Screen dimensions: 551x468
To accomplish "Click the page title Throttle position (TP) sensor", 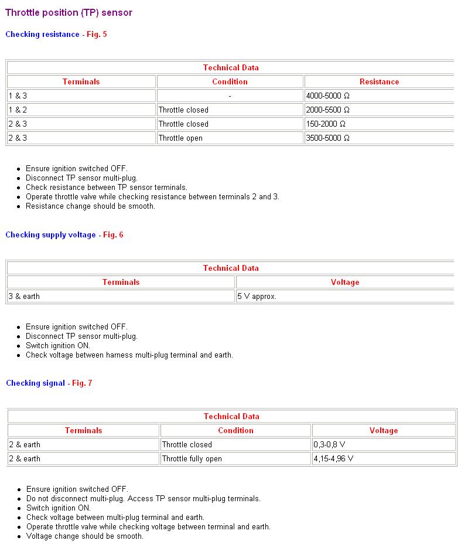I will [69, 12].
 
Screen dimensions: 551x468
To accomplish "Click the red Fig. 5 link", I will [97, 35].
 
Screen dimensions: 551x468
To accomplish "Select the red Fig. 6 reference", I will [113, 235].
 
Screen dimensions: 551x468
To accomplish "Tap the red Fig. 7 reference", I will [82, 383].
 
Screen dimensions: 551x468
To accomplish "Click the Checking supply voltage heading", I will [50, 235].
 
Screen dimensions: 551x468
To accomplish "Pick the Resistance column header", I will [379, 82].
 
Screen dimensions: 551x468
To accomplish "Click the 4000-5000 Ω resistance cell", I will [328, 96].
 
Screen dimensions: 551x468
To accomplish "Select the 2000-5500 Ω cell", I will [328, 110].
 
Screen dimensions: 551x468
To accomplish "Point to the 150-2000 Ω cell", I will [326, 124].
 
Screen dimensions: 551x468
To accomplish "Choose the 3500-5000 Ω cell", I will [328, 138].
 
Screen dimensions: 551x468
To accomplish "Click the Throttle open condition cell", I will [180, 138].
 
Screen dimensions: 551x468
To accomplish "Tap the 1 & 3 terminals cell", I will [18, 96].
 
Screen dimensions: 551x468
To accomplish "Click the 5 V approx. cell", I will [257, 297].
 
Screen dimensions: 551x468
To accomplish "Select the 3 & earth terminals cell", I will [24, 297].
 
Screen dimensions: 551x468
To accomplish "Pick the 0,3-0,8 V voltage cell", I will [329, 445].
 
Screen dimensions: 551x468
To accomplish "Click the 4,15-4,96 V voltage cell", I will [333, 459].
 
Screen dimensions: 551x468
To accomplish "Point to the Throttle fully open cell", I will [192, 459].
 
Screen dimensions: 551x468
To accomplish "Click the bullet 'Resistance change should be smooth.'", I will [90, 206].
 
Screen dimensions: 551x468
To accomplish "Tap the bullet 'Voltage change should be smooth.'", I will [85, 536].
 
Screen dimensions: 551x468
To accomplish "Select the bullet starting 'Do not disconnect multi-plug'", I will [144, 499].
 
